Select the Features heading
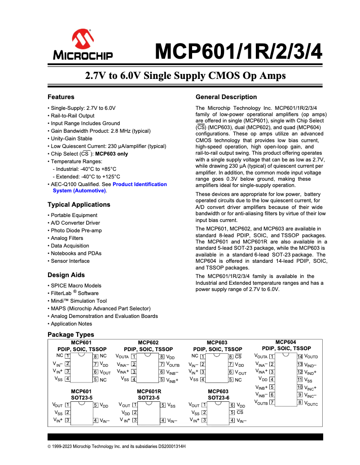(x=61, y=97)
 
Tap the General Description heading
(x=226, y=97)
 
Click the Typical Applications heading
(x=79, y=204)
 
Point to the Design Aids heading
(x=66, y=275)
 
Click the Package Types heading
(x=71, y=335)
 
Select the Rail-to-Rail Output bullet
(x=73, y=116)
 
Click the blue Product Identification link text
(x=140, y=184)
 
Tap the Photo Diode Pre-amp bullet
(x=76, y=230)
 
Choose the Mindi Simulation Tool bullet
(x=79, y=301)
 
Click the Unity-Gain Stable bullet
(x=72, y=139)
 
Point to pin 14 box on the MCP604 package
(x=300, y=356)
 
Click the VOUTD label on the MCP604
(x=311, y=357)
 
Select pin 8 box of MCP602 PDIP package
(x=162, y=357)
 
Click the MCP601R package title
(x=149, y=391)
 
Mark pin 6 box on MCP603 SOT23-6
(x=232, y=405)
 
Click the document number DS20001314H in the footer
(x=169, y=447)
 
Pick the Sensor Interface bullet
(x=70, y=261)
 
